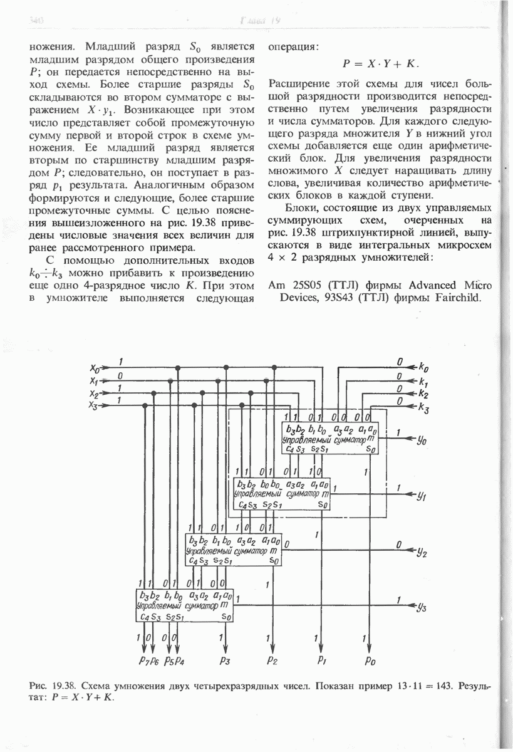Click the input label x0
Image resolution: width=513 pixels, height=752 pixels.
[x=95, y=368]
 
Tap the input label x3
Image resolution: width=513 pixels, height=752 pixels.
[x=95, y=406]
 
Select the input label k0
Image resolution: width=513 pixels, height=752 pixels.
[x=423, y=367]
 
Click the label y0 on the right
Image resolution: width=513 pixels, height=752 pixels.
[x=422, y=440]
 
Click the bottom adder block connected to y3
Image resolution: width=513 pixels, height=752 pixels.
[x=185, y=605]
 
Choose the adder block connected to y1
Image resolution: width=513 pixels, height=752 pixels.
[x=282, y=494]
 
